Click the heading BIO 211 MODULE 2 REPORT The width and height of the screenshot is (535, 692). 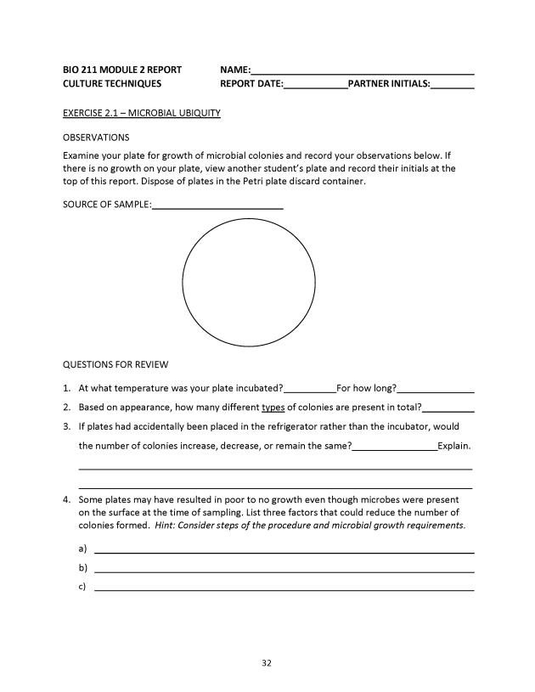click(x=122, y=70)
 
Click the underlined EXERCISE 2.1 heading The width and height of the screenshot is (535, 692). click(x=142, y=113)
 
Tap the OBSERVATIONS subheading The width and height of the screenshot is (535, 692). click(x=96, y=137)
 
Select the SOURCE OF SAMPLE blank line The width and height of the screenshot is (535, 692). click(x=217, y=205)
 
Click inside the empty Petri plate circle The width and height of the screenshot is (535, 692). click(x=249, y=283)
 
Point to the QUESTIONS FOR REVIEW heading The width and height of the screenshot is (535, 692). click(x=115, y=365)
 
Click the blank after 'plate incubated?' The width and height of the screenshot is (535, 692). click(x=310, y=389)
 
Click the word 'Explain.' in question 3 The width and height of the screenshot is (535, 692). click(x=454, y=445)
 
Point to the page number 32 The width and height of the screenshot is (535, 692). click(x=267, y=663)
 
